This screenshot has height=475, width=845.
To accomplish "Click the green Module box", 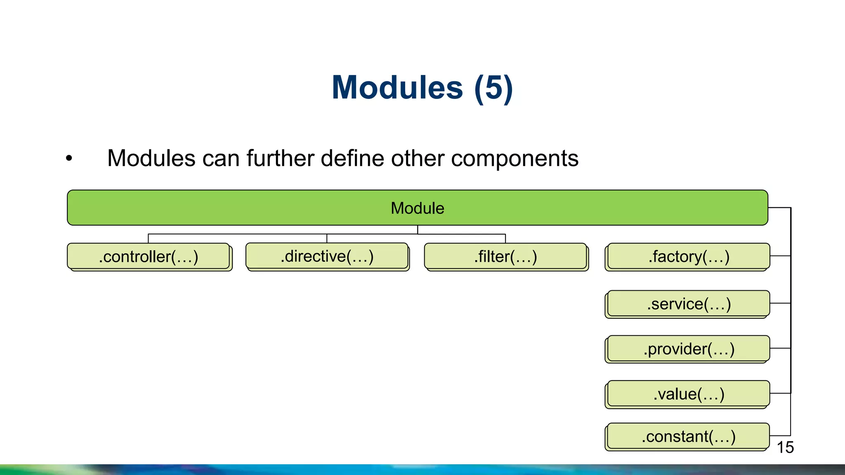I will click(x=417, y=208).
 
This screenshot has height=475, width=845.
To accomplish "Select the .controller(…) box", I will click(x=149, y=256).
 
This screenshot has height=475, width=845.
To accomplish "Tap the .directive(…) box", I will click(x=327, y=256).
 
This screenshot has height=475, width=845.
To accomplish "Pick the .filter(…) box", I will click(x=505, y=256).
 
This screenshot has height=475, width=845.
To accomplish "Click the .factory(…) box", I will click(x=689, y=256).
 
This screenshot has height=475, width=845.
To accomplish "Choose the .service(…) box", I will click(x=689, y=304).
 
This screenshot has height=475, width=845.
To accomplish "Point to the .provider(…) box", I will click(x=689, y=349).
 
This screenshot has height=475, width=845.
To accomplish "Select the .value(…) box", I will click(x=689, y=394).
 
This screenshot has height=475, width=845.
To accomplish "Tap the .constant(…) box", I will click(x=689, y=436).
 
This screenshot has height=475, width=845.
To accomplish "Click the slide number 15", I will click(x=785, y=447).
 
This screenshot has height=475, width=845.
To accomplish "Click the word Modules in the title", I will click(x=397, y=88).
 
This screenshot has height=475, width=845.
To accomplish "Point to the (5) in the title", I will click(x=493, y=88).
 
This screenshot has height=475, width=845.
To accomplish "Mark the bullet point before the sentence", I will click(x=69, y=158).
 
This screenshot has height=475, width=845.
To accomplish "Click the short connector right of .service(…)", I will click(x=780, y=303).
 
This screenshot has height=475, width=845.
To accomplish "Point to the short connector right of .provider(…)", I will click(x=780, y=348).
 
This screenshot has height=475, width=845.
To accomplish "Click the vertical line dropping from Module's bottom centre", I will click(x=418, y=230).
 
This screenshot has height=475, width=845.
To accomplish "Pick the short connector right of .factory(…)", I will click(x=780, y=256).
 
